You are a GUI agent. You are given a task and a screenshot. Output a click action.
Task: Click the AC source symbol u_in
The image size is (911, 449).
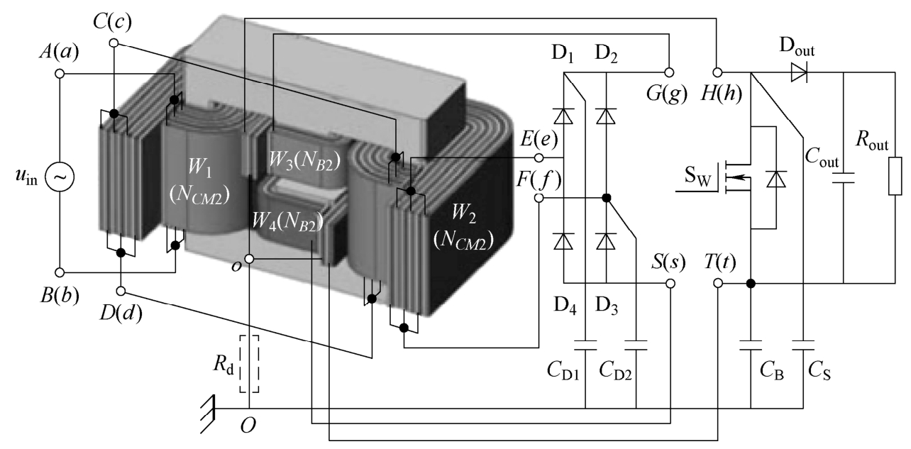tap(60, 177)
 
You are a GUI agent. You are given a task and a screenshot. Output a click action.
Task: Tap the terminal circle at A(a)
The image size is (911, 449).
tap(60, 74)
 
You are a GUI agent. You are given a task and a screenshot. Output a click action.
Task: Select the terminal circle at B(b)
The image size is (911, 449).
tap(60, 272)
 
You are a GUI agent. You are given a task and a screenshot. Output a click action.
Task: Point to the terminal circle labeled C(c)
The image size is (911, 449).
tap(114, 43)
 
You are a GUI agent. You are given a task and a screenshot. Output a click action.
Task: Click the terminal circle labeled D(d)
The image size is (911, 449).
tap(121, 291)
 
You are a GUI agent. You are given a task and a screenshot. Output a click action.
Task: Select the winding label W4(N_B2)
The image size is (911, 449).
tap(287, 221)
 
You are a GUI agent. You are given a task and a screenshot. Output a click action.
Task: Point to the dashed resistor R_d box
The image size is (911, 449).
tap(249, 364)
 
